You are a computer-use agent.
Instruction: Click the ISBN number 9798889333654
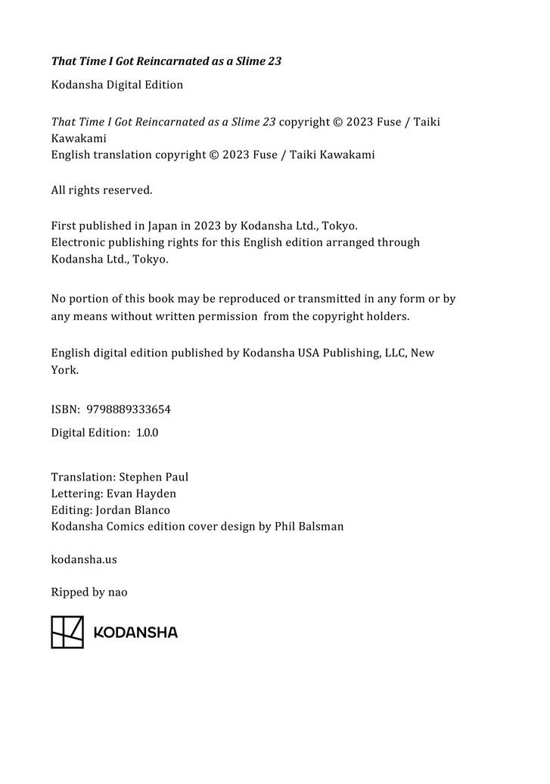129,409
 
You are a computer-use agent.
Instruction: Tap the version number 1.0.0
147,433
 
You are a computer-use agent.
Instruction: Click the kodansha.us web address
84,559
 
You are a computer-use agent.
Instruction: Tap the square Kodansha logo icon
67,632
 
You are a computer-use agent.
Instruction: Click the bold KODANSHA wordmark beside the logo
135,633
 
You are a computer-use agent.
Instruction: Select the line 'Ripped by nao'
89,592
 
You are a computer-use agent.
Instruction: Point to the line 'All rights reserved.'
101,190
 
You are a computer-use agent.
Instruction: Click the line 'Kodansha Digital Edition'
117,85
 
